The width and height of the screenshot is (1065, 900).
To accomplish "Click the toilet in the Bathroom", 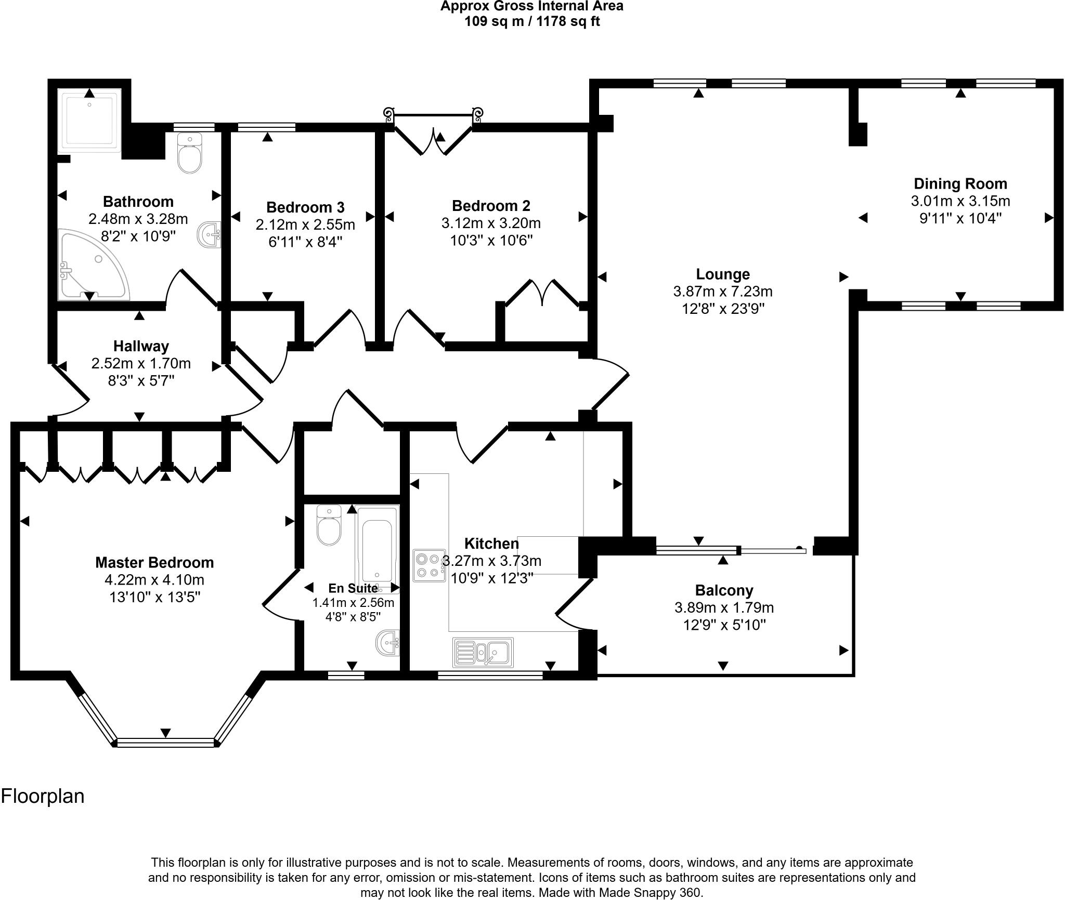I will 189,153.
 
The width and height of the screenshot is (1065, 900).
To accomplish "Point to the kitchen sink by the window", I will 483,652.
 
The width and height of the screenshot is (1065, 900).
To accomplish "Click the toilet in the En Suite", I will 329,526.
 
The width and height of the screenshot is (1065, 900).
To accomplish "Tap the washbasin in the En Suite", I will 388,644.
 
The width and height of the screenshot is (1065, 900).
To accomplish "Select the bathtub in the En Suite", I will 377,550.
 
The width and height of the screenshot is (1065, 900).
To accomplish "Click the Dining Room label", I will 960,184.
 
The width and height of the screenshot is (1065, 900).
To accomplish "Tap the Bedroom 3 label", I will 305,207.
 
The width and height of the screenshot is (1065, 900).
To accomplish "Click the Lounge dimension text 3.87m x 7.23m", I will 723,292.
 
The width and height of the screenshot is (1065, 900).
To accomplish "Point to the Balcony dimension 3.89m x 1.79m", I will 724,607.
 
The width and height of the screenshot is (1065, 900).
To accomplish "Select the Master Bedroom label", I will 154,562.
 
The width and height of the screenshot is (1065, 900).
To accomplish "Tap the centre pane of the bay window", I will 165,743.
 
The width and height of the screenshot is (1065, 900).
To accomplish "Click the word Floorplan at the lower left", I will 43,797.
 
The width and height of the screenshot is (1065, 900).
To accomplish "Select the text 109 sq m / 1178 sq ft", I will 531,22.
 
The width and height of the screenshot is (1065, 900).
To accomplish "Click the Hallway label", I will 141,346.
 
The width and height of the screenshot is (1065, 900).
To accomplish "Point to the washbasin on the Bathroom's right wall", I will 209,235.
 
